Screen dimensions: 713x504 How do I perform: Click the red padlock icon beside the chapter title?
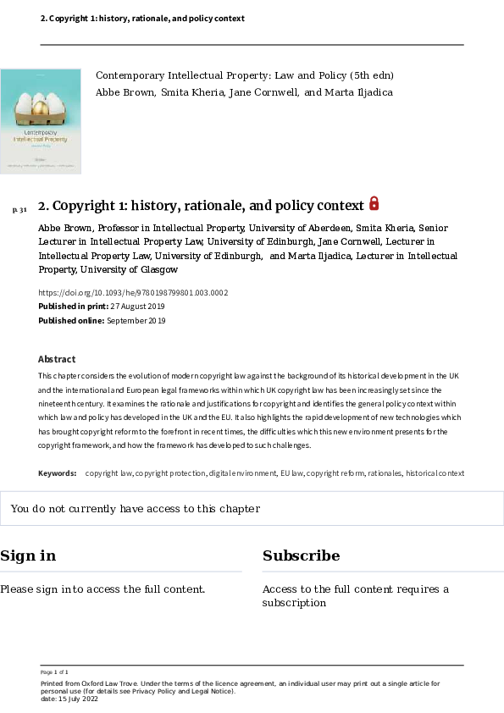374,203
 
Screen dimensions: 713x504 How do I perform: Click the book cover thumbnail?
41,121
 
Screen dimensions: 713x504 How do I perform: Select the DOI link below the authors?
133,293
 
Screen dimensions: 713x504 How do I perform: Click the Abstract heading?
57,359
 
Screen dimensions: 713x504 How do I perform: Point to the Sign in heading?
28,555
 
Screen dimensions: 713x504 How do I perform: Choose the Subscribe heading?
301,555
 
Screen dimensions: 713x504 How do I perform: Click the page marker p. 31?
19,209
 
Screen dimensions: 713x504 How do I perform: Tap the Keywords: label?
58,473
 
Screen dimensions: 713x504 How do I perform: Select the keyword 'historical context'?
435,473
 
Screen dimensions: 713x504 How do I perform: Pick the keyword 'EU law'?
291,473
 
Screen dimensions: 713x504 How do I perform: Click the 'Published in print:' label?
73,307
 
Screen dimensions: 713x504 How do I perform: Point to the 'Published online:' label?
71,321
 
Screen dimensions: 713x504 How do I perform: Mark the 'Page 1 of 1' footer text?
54,672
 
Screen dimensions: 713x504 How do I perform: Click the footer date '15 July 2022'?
75,699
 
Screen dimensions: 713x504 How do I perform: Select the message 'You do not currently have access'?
135,509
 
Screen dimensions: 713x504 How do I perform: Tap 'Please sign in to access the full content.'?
102,589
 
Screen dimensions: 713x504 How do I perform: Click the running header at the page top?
142,18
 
